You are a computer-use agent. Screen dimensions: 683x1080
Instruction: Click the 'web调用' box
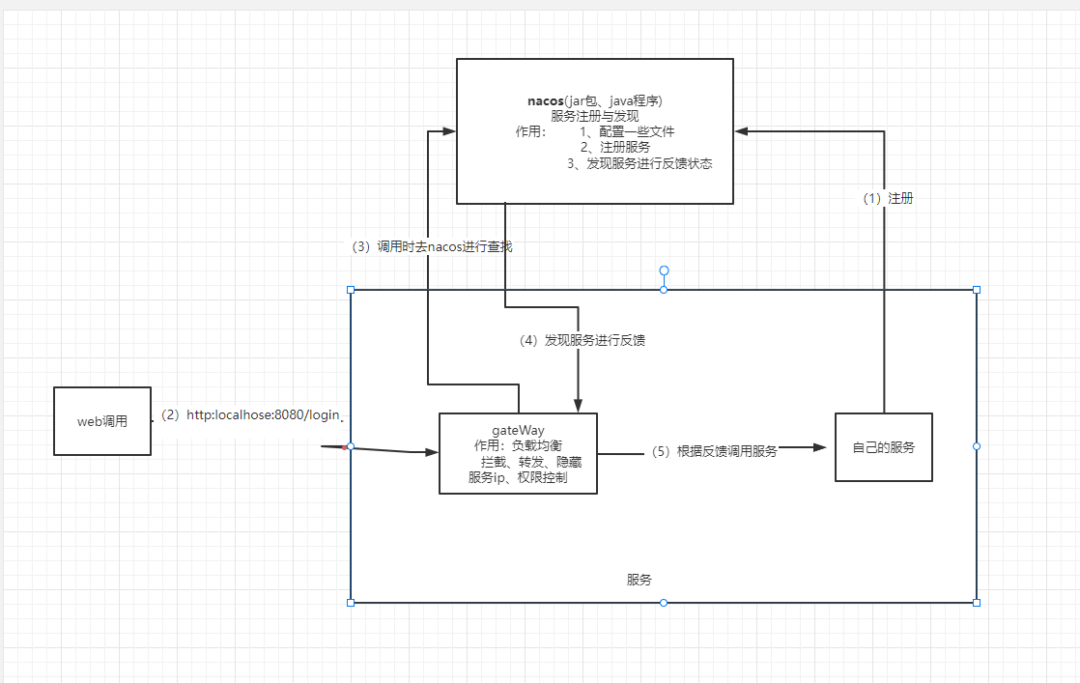click(x=102, y=421)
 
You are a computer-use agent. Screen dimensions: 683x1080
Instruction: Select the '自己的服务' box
click(x=883, y=447)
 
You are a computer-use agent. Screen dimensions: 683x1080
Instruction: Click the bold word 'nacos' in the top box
click(x=546, y=100)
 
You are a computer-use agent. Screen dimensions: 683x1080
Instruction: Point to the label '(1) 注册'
click(x=887, y=198)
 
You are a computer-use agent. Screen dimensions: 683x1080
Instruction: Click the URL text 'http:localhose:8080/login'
click(x=263, y=414)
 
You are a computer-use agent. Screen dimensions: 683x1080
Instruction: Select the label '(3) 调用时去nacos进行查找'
click(x=430, y=246)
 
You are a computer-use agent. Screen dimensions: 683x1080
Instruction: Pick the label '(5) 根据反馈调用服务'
click(x=713, y=451)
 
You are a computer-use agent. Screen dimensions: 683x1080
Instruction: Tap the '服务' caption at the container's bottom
click(x=639, y=580)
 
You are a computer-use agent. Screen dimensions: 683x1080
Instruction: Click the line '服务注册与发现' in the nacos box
click(x=594, y=116)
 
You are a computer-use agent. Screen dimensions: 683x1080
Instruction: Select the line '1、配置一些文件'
click(x=627, y=131)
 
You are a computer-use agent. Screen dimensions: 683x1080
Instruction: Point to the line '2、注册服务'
click(x=614, y=147)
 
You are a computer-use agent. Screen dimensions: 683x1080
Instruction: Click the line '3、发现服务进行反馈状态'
click(x=639, y=163)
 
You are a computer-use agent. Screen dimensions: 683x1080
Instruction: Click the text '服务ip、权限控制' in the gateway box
click(x=518, y=477)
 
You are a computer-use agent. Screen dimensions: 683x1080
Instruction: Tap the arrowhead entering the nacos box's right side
click(x=741, y=131)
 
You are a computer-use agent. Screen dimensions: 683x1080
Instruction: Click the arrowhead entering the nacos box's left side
click(x=448, y=131)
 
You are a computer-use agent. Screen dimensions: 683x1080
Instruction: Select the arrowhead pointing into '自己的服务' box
click(x=822, y=447)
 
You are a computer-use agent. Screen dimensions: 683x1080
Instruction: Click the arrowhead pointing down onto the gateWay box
click(x=578, y=406)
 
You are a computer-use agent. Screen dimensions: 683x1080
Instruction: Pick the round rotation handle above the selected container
click(x=664, y=270)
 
